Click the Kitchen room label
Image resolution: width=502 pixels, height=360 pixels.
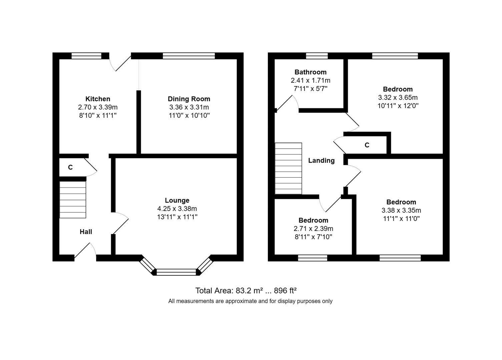(x=98, y=99)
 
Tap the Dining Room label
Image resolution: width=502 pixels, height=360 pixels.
(x=189, y=99)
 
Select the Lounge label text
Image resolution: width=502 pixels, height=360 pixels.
(x=177, y=200)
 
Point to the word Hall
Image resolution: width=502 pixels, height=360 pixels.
(x=86, y=232)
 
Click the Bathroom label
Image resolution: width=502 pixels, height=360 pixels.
(x=310, y=72)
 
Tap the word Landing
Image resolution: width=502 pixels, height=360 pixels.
(x=321, y=161)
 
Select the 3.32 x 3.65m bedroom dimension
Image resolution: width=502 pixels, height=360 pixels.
(x=398, y=98)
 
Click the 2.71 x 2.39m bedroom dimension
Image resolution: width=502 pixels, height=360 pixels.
(x=313, y=229)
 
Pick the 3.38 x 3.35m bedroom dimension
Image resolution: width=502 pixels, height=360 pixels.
(x=401, y=210)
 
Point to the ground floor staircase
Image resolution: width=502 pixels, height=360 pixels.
(x=73, y=200)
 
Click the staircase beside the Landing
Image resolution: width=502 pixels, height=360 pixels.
(x=288, y=168)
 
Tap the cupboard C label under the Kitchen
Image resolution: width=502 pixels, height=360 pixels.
(x=70, y=167)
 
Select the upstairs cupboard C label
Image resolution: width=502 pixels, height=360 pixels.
(x=367, y=145)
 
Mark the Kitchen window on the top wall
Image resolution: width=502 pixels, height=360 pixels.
(x=86, y=56)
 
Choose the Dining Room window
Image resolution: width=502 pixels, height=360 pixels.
(x=188, y=56)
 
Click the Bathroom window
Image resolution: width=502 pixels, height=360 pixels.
(x=317, y=56)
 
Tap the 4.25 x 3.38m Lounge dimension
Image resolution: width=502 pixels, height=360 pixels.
(x=177, y=209)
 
